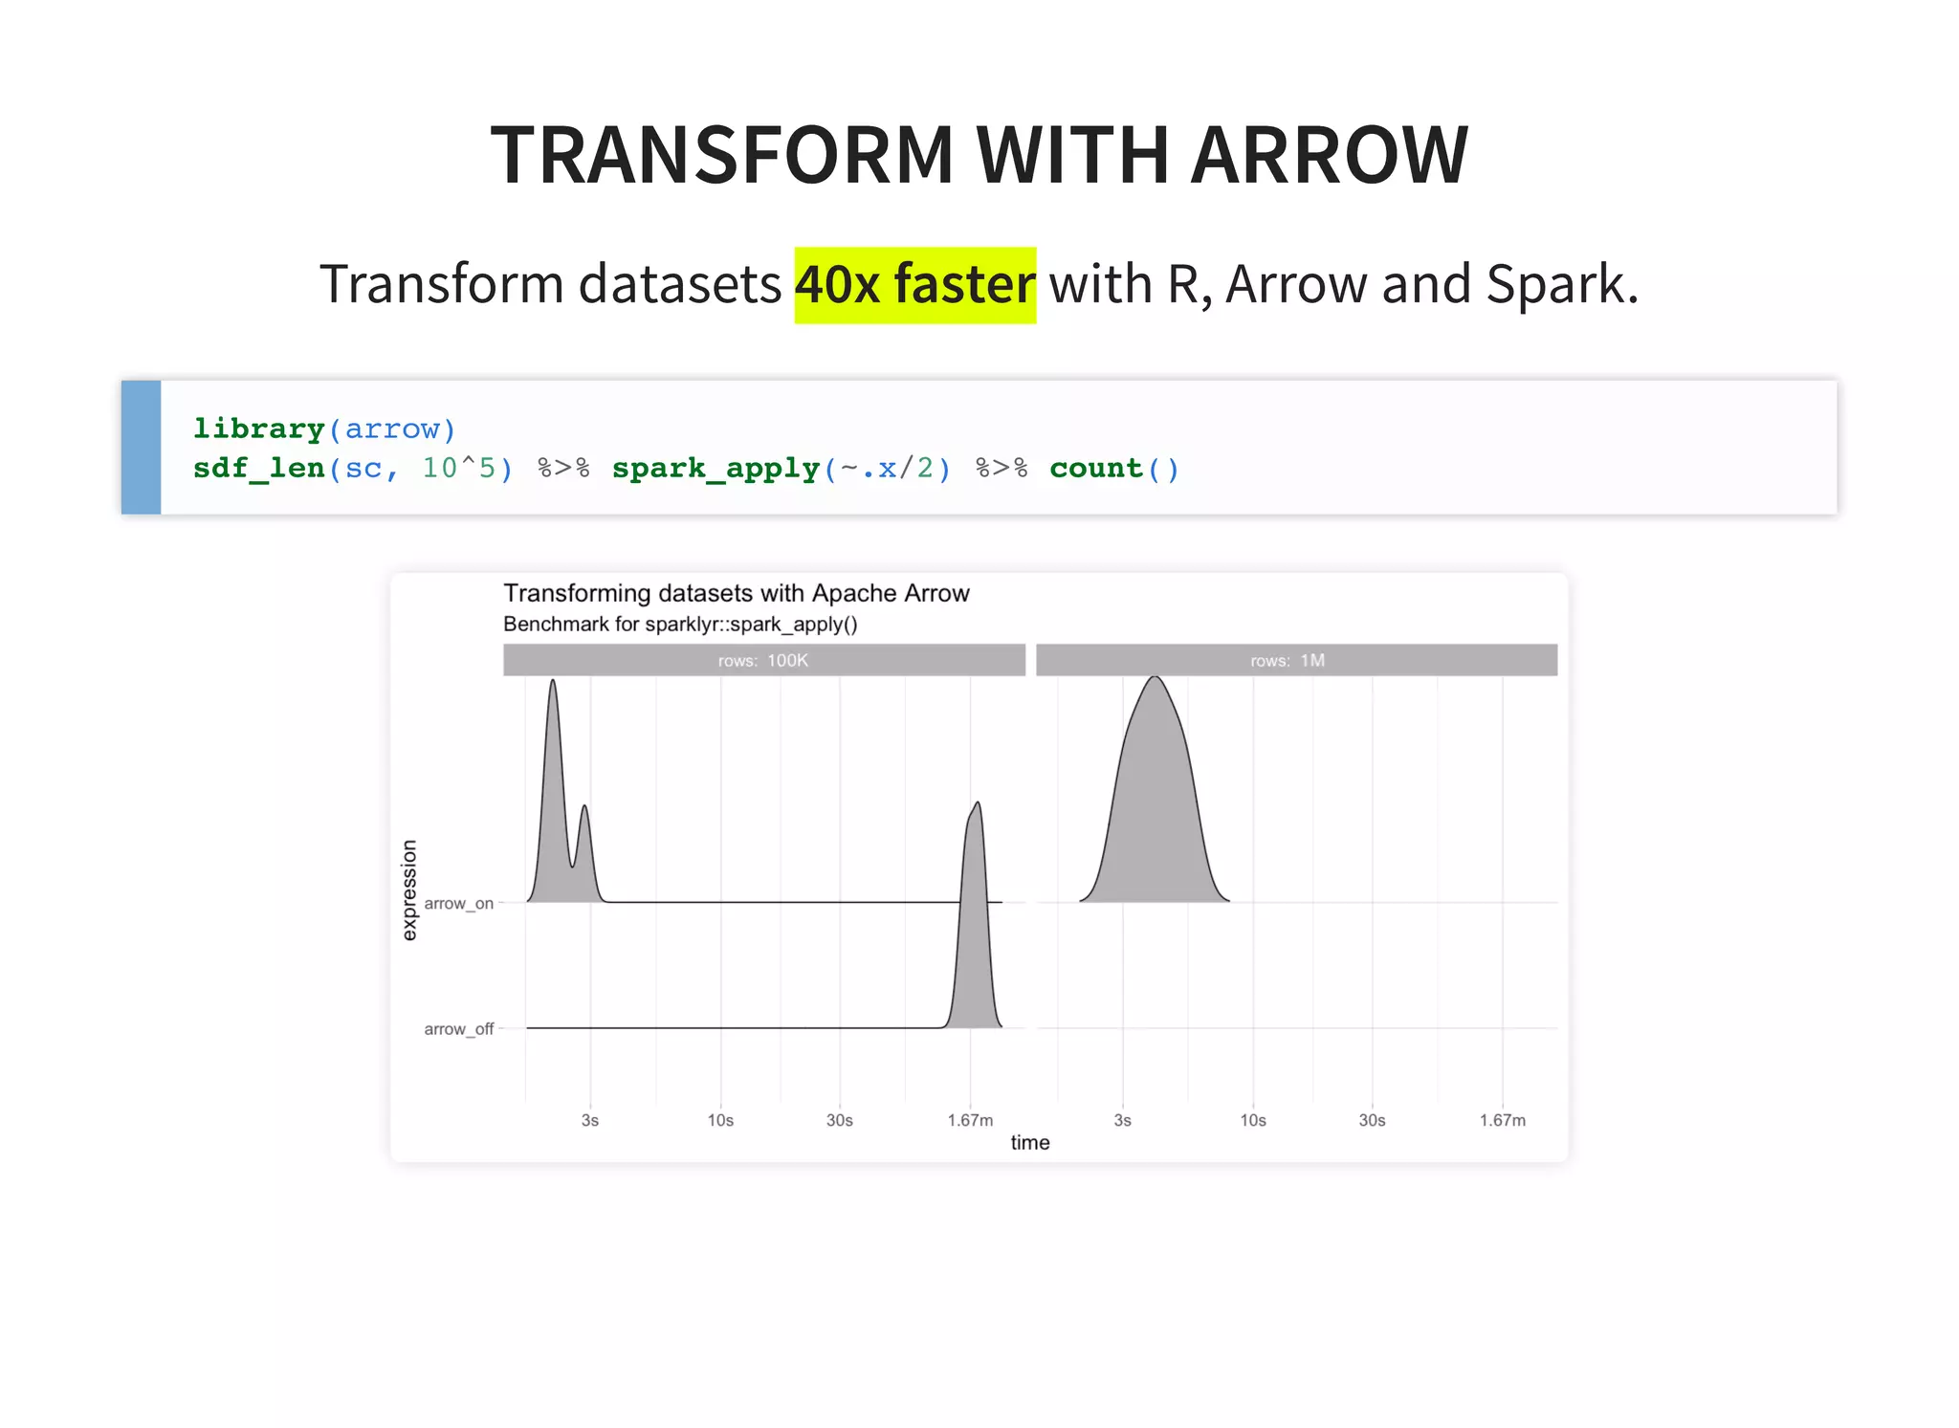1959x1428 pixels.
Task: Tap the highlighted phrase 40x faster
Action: (914, 285)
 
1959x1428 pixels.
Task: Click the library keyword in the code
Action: (258, 428)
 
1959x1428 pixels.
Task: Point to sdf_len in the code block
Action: (258, 469)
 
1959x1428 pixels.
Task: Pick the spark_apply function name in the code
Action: (715, 469)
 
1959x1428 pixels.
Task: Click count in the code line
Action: (1095, 469)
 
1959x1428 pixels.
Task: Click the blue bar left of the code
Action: (142, 448)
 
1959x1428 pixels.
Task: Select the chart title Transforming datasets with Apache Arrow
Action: (736, 594)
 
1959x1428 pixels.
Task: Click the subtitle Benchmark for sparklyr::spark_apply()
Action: (680, 625)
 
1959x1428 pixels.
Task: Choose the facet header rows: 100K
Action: (763, 661)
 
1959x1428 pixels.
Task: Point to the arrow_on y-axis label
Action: (458, 904)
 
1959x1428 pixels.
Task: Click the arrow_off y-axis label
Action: (458, 1029)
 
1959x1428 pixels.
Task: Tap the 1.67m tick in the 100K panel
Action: (970, 1120)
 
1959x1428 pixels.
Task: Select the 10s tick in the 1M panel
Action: (1252, 1120)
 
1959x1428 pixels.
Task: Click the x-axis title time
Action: (1029, 1143)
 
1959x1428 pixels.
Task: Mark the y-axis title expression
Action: (409, 890)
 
